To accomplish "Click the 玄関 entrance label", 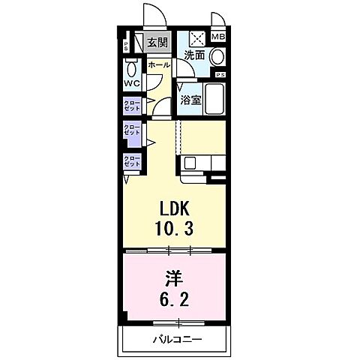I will point(157,43).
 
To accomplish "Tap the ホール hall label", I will point(157,65).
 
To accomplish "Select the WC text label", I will point(133,83).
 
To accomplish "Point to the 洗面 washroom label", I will point(195,55).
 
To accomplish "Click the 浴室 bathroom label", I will point(190,99).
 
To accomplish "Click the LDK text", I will point(174,209).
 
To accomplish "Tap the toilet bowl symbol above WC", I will point(131,65).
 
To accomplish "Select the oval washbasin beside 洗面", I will point(217,56).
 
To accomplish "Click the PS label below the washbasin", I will point(220,75).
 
